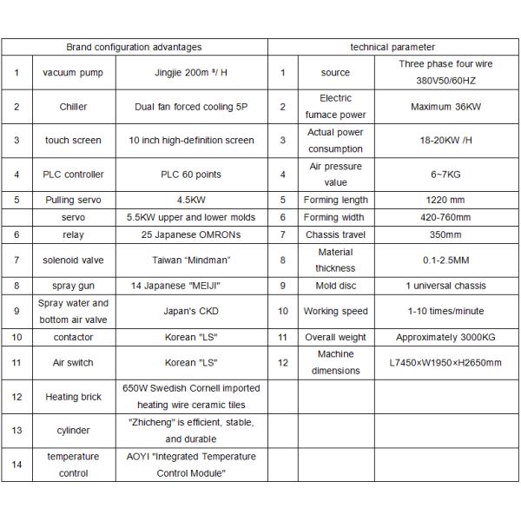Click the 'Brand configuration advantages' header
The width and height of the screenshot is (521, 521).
point(134,47)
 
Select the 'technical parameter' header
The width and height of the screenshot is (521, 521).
point(392,47)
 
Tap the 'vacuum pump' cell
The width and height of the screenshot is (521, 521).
point(72,72)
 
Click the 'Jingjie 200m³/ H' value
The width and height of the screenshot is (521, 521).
point(191,72)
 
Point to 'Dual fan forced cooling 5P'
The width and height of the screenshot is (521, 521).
point(191,107)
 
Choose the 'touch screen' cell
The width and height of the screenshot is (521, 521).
point(73,141)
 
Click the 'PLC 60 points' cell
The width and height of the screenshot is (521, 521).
point(191,175)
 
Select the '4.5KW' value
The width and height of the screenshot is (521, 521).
point(191,201)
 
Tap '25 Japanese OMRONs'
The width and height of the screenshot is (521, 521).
point(191,234)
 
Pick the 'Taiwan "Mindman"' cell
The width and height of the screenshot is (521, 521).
point(191,260)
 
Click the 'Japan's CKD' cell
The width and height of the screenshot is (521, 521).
point(191,311)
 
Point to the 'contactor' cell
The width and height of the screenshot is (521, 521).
point(73,336)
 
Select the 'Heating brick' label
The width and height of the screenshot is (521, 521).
point(73,397)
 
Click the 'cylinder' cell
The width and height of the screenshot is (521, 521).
point(73,431)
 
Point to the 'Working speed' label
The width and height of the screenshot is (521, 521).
point(335,311)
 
